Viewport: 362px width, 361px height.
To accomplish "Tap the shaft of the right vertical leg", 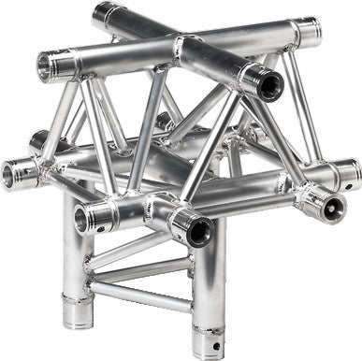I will click(207, 281).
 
